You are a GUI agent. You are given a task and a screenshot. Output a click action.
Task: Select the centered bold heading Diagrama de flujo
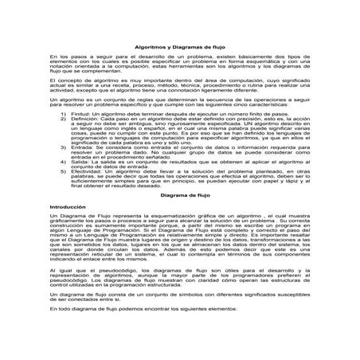(179, 194)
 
